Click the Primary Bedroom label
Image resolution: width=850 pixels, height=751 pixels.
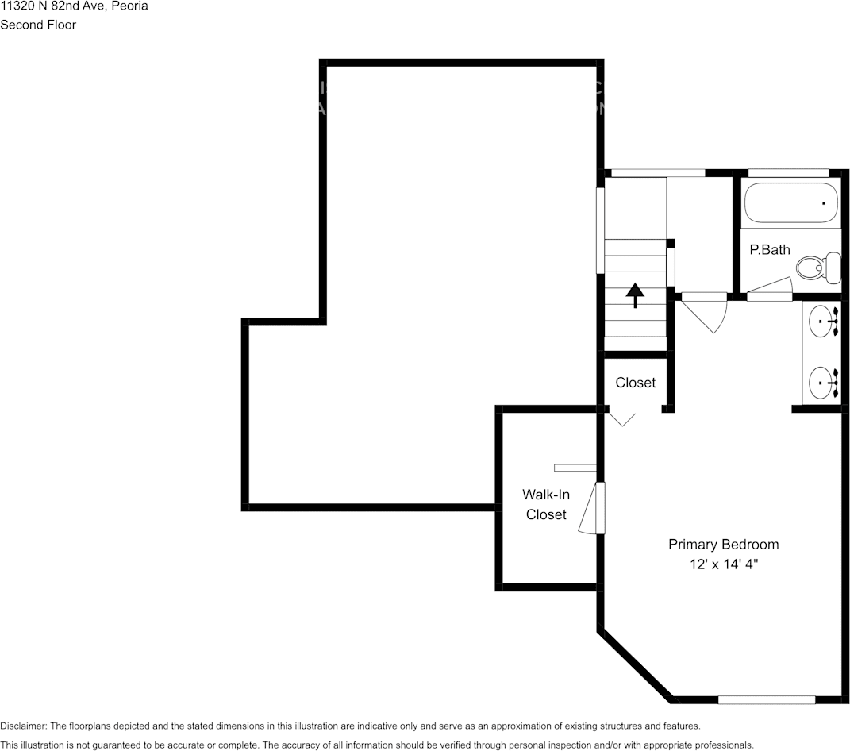coord(723,545)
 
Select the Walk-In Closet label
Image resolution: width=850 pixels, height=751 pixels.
coord(546,504)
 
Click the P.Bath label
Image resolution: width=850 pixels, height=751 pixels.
coord(770,249)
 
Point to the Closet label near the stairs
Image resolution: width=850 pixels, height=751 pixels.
coord(636,383)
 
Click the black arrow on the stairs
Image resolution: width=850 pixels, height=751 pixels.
coord(635,294)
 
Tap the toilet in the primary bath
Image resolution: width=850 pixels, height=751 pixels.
coord(819,268)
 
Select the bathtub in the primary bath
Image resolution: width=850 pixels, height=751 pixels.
coord(791,203)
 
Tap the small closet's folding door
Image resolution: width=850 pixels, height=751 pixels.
coord(621,418)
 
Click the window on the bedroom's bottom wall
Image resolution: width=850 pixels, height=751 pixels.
coord(767,699)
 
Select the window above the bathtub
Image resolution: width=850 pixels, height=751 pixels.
coord(789,172)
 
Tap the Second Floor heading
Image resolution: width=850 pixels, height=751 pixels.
coord(38,25)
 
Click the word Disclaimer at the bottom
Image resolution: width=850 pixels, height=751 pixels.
coord(23,726)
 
